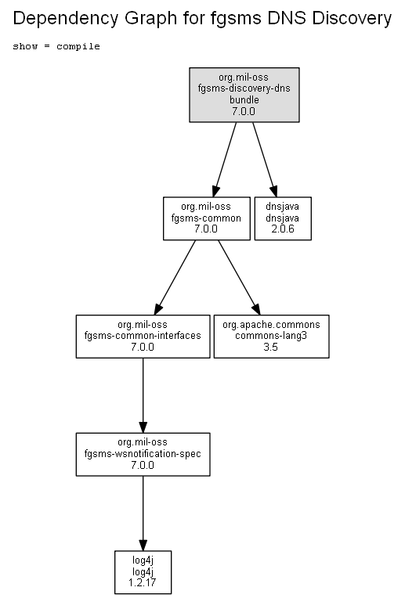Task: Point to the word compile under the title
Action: (x=78, y=46)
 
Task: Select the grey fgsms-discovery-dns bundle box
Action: (x=244, y=95)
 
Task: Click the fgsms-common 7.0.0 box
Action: (x=207, y=218)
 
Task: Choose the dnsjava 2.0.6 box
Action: (x=283, y=218)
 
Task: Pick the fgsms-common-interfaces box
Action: (x=143, y=337)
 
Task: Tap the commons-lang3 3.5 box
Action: (x=271, y=337)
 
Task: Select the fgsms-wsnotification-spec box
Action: (x=143, y=454)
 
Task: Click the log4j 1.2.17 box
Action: (x=143, y=572)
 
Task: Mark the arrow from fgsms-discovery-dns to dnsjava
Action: (x=265, y=160)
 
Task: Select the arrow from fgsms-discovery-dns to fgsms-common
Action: (x=225, y=160)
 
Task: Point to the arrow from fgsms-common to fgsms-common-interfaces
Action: (x=175, y=277)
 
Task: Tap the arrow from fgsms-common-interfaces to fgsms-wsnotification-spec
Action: (x=143, y=395)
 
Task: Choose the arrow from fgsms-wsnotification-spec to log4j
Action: (x=143, y=513)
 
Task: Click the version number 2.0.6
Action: (x=283, y=229)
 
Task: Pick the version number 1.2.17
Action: (x=143, y=583)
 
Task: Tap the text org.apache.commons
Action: (x=271, y=325)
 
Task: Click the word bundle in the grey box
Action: (x=244, y=100)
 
